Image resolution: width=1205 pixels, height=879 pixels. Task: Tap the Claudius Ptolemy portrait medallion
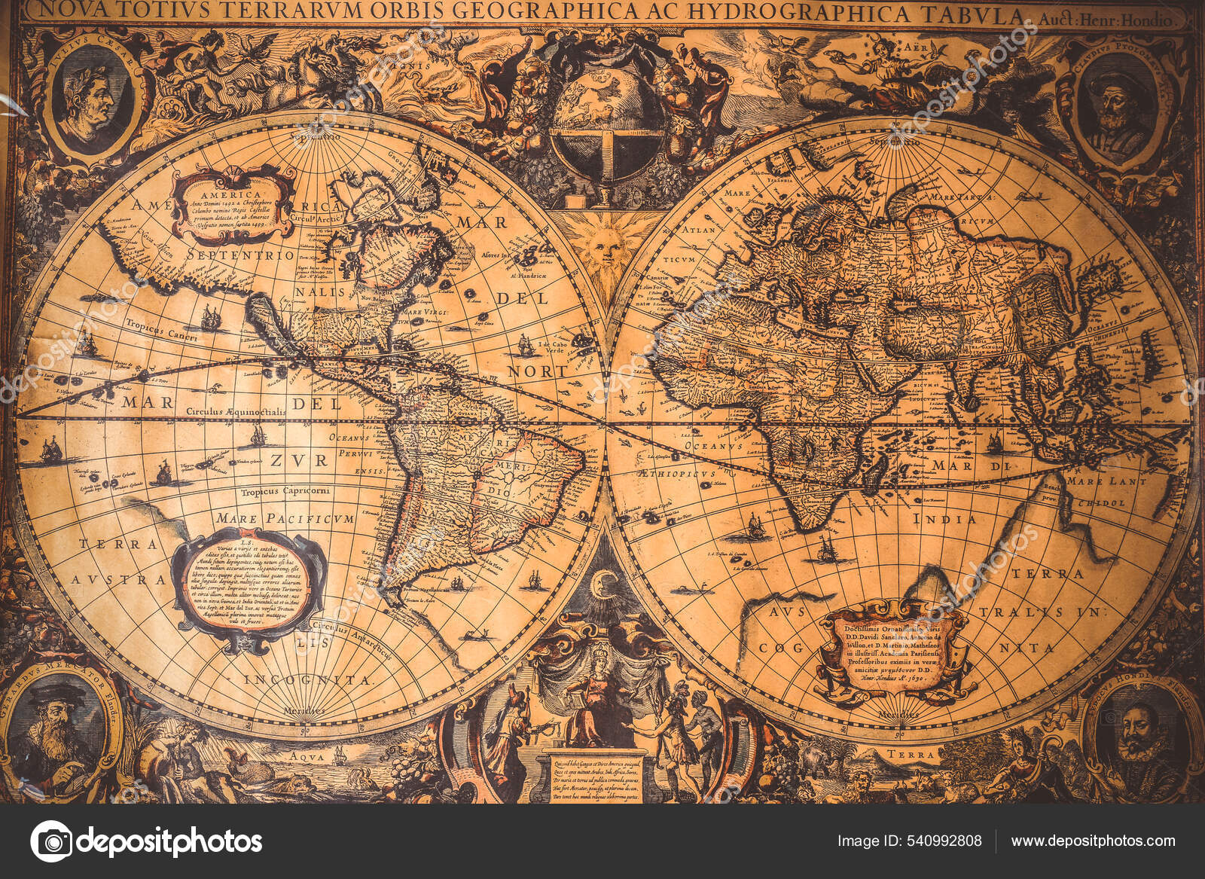1114,105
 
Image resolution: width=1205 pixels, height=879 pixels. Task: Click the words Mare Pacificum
284,519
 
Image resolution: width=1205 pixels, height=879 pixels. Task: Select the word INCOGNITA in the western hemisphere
308,680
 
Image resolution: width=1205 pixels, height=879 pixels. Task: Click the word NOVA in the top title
61,11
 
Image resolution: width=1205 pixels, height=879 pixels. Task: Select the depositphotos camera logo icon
50,841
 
